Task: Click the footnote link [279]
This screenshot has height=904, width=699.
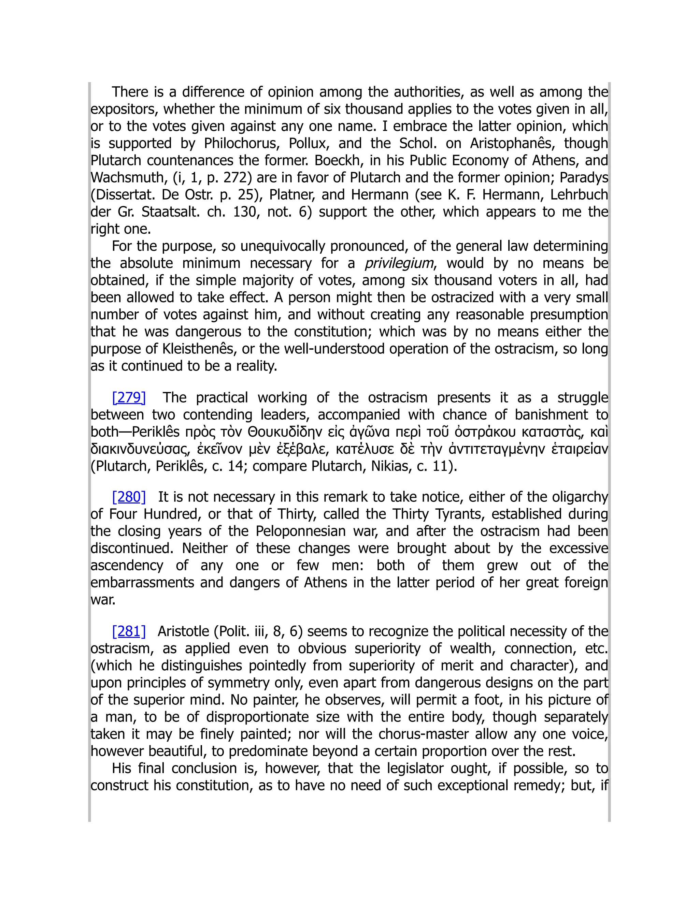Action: [x=129, y=397]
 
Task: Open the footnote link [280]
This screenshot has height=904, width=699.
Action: [x=129, y=497]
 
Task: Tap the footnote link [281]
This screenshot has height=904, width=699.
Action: [x=129, y=631]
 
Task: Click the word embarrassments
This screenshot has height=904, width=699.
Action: [x=142, y=582]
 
